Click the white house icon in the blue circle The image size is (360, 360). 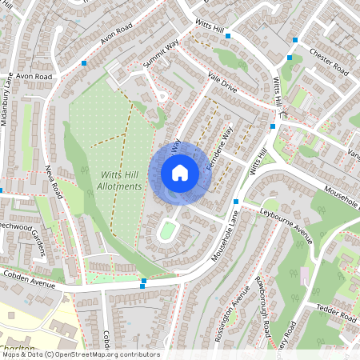pyautogui.click(x=180, y=173)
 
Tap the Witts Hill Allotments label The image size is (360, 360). pyautogui.click(x=121, y=180)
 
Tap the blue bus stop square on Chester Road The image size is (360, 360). pyautogui.click(x=294, y=39)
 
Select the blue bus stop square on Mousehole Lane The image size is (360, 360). pyautogui.click(x=235, y=202)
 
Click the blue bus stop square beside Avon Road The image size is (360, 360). pyautogui.click(x=84, y=61)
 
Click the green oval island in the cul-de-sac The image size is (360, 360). pyautogui.click(x=167, y=232)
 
